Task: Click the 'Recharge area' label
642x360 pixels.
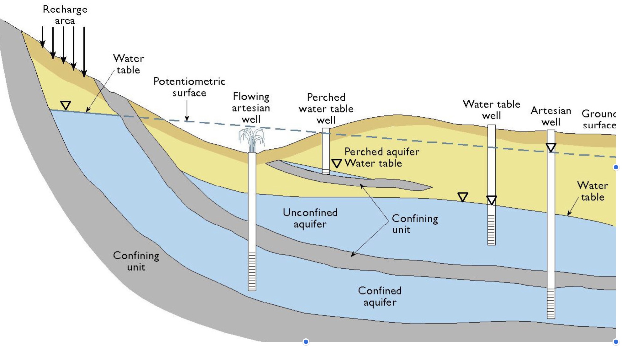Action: pyautogui.click(x=65, y=15)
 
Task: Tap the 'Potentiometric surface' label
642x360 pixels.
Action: pyautogui.click(x=189, y=87)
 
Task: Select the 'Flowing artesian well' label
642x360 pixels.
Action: pyautogui.click(x=251, y=108)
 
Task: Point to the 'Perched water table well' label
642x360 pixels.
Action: pyautogui.click(x=326, y=109)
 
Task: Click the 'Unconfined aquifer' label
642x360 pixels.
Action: pyautogui.click(x=310, y=218)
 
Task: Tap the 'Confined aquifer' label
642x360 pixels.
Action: pyautogui.click(x=380, y=296)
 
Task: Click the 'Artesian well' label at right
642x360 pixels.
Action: pyautogui.click(x=551, y=116)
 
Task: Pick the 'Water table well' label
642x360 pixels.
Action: pyautogui.click(x=491, y=109)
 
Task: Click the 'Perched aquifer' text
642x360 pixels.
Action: pyautogui.click(x=382, y=152)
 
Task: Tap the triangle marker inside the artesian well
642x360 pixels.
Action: pyautogui.click(x=551, y=147)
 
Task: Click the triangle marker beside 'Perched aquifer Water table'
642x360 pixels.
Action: pyautogui.click(x=336, y=163)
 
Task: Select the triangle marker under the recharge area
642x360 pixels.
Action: pyautogui.click(x=66, y=105)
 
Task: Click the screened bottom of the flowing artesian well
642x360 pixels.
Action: pyautogui.click(x=252, y=271)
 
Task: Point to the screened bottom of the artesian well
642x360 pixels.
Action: pyautogui.click(x=551, y=303)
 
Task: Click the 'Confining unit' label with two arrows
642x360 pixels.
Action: pyautogui.click(x=414, y=224)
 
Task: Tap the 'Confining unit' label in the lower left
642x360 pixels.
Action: pyautogui.click(x=136, y=261)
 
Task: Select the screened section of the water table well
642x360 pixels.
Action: pyautogui.click(x=491, y=229)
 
